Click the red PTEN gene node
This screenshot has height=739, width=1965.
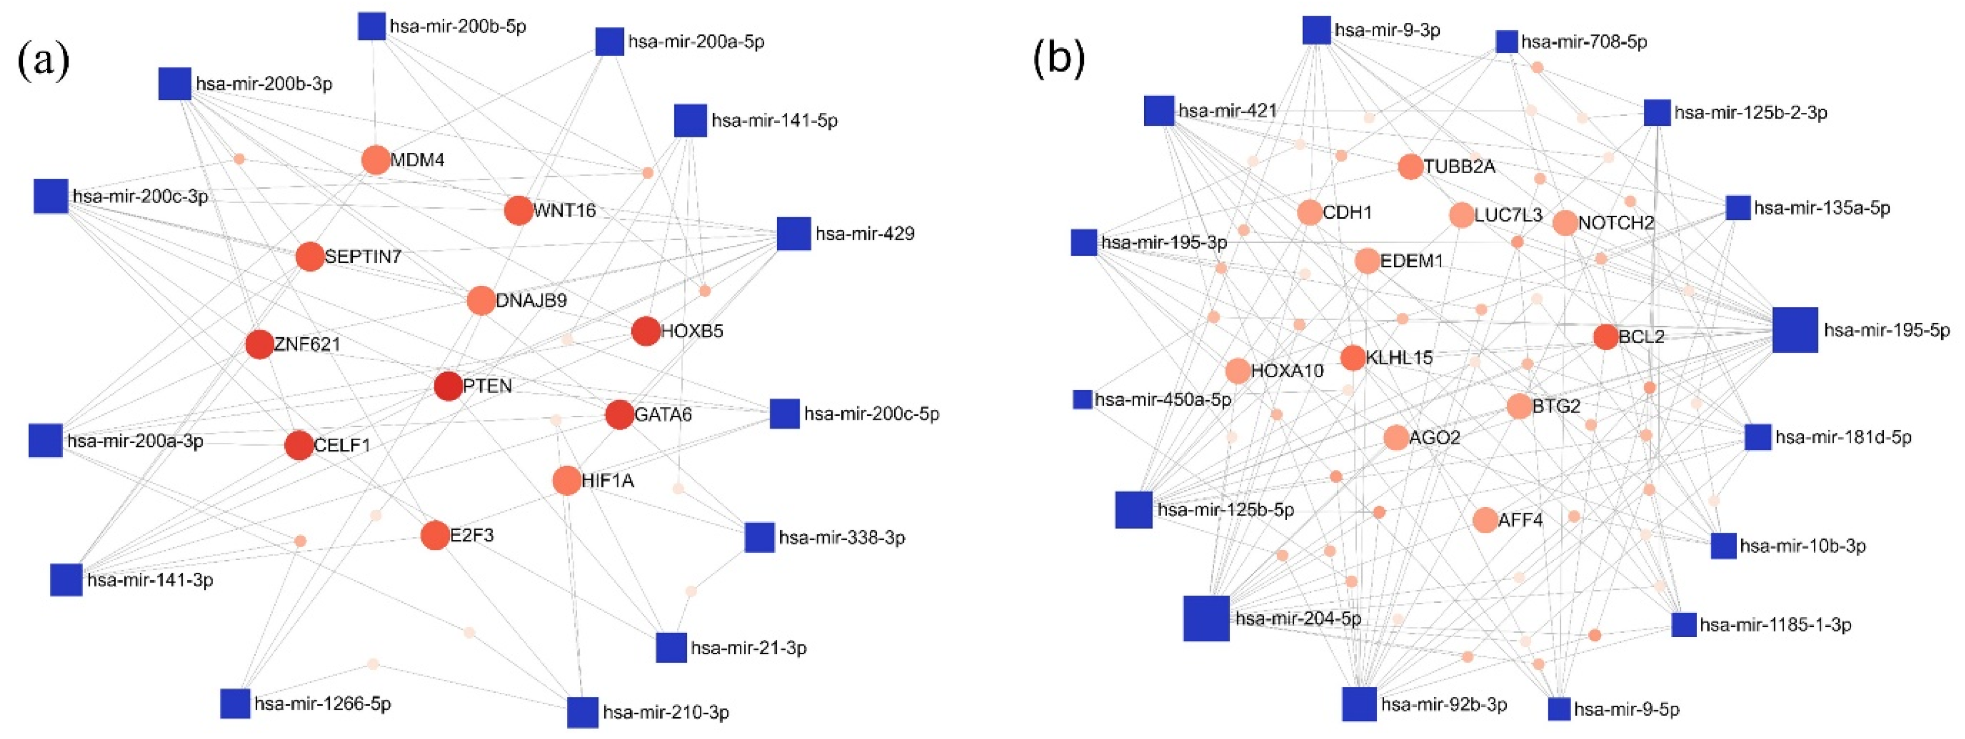(448, 386)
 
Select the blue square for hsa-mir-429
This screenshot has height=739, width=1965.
(793, 233)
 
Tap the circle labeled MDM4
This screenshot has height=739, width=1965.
(375, 160)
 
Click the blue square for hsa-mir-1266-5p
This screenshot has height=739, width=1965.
(235, 703)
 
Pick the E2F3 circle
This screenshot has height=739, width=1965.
(435, 535)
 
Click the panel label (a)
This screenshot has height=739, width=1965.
(44, 61)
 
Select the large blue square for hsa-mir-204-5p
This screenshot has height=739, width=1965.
(1206, 618)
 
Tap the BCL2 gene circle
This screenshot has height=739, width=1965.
(1605, 336)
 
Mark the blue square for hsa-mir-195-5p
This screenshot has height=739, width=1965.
(1795, 330)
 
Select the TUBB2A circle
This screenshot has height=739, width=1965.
(1411, 166)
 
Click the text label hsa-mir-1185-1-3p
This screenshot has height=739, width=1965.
(1775, 625)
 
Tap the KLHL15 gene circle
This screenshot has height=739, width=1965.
(1352, 357)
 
